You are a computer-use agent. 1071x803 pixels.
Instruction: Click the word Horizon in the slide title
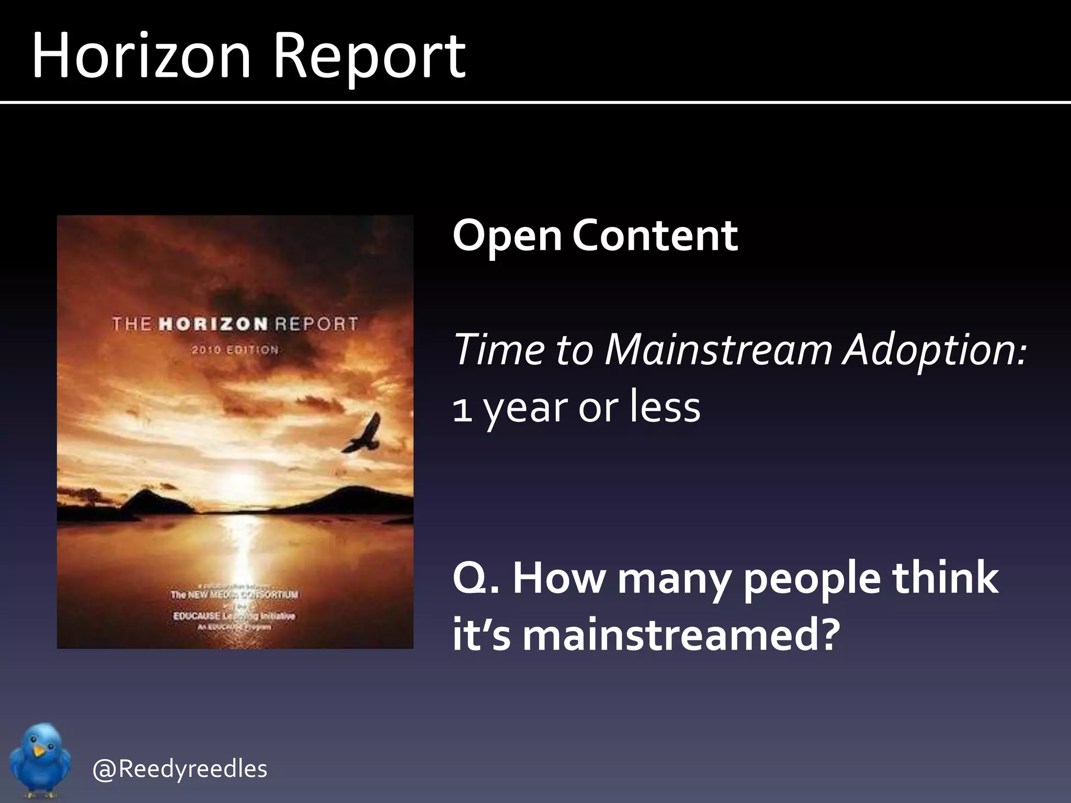coord(141,55)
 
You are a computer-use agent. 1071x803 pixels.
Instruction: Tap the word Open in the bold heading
coord(506,236)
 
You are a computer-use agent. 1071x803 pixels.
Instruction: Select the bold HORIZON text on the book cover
coord(213,324)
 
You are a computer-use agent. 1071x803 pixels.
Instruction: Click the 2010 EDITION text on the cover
coord(235,350)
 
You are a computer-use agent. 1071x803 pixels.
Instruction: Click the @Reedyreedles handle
coord(179,768)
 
